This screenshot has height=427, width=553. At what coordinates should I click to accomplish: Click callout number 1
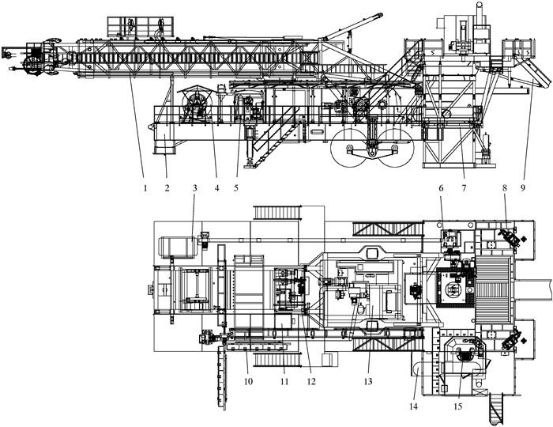[x=144, y=188]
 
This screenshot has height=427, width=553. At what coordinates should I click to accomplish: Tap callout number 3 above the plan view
[x=195, y=188]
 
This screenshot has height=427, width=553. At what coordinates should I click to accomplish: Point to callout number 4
[x=215, y=188]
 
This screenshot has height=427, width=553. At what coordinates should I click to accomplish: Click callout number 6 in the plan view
[x=442, y=188]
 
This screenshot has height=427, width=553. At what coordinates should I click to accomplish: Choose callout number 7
[x=464, y=188]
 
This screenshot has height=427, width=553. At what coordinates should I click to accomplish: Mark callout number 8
[x=503, y=188]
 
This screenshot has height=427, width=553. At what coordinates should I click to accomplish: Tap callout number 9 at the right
[x=523, y=188]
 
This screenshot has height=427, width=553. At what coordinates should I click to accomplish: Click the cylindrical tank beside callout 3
[x=176, y=246]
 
